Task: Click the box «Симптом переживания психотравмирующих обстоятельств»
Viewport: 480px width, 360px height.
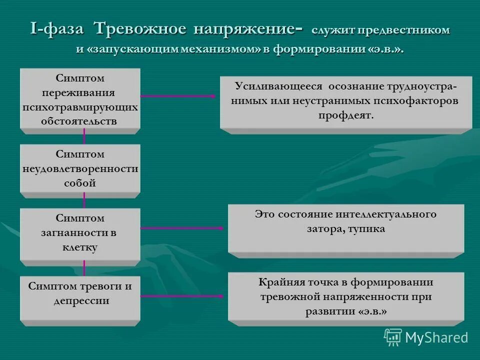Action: pos(80,99)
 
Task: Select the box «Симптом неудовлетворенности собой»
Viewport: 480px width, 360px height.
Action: pos(80,168)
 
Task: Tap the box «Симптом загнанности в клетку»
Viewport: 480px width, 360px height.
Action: pos(80,233)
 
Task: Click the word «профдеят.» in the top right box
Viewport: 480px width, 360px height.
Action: pos(345,115)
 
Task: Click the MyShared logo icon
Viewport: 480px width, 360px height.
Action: pos(392,337)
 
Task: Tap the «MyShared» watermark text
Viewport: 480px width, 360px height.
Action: pos(436,338)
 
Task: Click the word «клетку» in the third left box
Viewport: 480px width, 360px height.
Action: pos(80,247)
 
